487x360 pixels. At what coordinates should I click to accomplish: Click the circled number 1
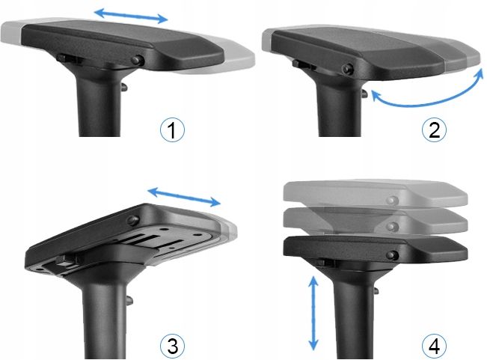(172, 129)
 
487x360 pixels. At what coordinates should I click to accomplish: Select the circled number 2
(434, 129)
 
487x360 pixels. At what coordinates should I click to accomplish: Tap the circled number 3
(172, 345)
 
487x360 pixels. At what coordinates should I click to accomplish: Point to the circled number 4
(434, 345)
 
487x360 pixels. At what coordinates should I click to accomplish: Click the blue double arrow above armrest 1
(131, 16)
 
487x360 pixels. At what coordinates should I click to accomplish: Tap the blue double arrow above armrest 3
(184, 197)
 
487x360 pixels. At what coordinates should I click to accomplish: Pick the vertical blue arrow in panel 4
(313, 313)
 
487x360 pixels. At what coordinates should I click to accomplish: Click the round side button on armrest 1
(137, 60)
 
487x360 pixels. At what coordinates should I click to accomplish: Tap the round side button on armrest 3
(133, 221)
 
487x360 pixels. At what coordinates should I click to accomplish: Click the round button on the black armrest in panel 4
(392, 255)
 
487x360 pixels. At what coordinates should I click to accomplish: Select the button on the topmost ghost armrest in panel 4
(392, 201)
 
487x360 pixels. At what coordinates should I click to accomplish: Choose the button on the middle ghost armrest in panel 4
(392, 227)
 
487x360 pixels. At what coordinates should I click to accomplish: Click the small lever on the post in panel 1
(124, 88)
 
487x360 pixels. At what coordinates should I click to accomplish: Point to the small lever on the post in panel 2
(364, 93)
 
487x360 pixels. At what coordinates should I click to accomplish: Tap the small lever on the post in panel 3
(130, 299)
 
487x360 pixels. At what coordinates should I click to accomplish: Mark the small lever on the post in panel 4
(376, 291)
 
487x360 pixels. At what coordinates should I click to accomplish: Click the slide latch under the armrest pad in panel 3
(66, 261)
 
